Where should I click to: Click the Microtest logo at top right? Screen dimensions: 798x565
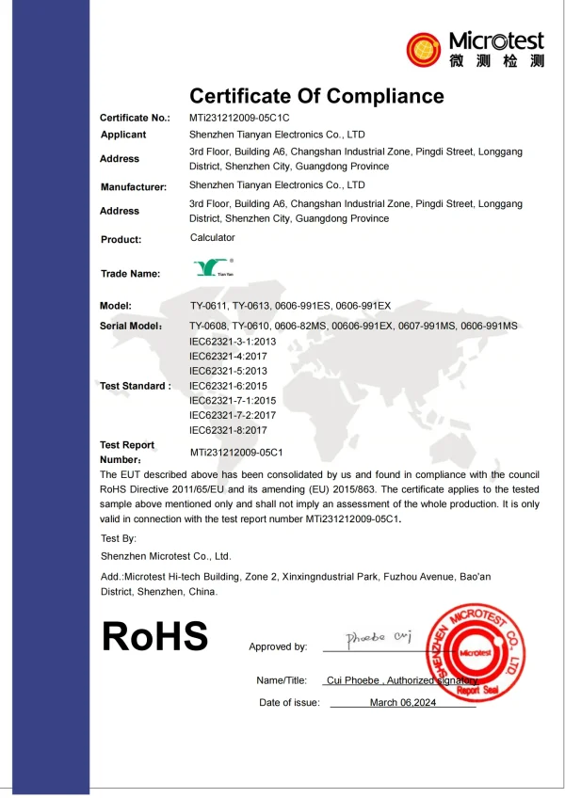(x=476, y=49)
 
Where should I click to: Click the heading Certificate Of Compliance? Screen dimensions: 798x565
(x=316, y=96)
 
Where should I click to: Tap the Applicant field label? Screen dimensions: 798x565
(x=123, y=136)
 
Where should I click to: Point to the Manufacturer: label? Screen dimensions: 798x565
(x=134, y=187)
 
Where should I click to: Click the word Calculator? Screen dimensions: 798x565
(x=213, y=238)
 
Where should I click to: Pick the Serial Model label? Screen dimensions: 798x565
(x=132, y=326)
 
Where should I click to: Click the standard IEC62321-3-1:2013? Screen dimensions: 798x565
(x=232, y=341)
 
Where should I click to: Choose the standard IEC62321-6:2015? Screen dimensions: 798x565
(x=229, y=386)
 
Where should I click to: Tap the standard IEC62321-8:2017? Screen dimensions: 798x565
(x=229, y=430)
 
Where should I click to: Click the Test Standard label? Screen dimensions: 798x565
(x=136, y=386)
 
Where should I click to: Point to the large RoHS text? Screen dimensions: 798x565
(x=154, y=637)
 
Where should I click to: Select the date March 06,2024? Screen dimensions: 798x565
(x=404, y=703)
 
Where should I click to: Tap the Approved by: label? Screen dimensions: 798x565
(x=278, y=646)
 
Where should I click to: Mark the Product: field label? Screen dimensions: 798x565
(x=121, y=239)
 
